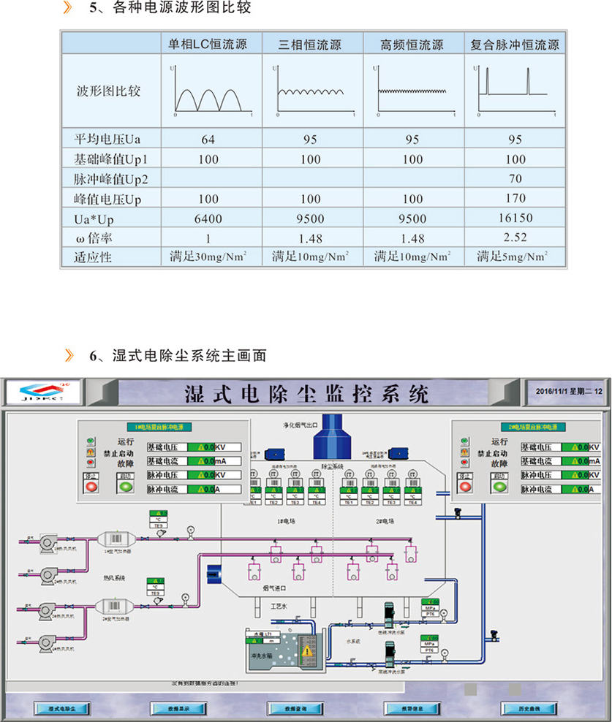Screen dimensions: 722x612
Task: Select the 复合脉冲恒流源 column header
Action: pos(515,45)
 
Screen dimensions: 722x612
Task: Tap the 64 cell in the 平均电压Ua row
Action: pos(208,139)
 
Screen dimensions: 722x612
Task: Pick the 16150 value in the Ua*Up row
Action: pos(515,218)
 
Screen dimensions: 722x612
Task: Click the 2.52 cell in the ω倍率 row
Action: pos(515,237)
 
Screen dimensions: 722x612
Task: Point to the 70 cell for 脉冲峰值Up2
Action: pos(515,178)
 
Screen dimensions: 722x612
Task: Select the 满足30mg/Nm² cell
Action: pos(208,256)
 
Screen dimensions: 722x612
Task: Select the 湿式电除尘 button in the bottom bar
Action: pos(63,709)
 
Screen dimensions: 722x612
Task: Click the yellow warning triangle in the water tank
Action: pos(308,650)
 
